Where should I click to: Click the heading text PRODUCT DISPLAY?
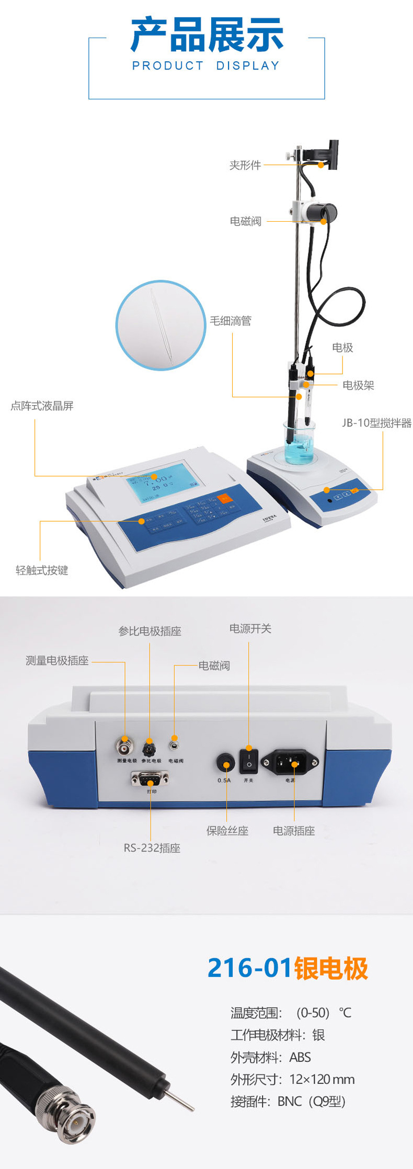(x=206, y=66)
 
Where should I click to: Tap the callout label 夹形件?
(x=245, y=165)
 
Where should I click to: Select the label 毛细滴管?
(x=231, y=321)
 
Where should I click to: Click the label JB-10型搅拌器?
(x=376, y=423)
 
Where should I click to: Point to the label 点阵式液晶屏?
(x=42, y=406)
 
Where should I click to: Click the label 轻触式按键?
(x=42, y=570)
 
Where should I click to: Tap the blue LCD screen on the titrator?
(x=162, y=484)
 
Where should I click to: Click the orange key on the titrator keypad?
(x=225, y=499)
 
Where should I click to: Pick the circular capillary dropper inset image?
(x=160, y=325)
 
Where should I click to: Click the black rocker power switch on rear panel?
(x=249, y=761)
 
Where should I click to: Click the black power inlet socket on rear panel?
(x=290, y=762)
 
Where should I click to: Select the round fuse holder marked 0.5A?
(x=225, y=763)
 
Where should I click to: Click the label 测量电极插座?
(x=57, y=661)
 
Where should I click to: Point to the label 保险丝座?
(x=227, y=831)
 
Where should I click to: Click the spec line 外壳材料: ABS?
(x=271, y=1057)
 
